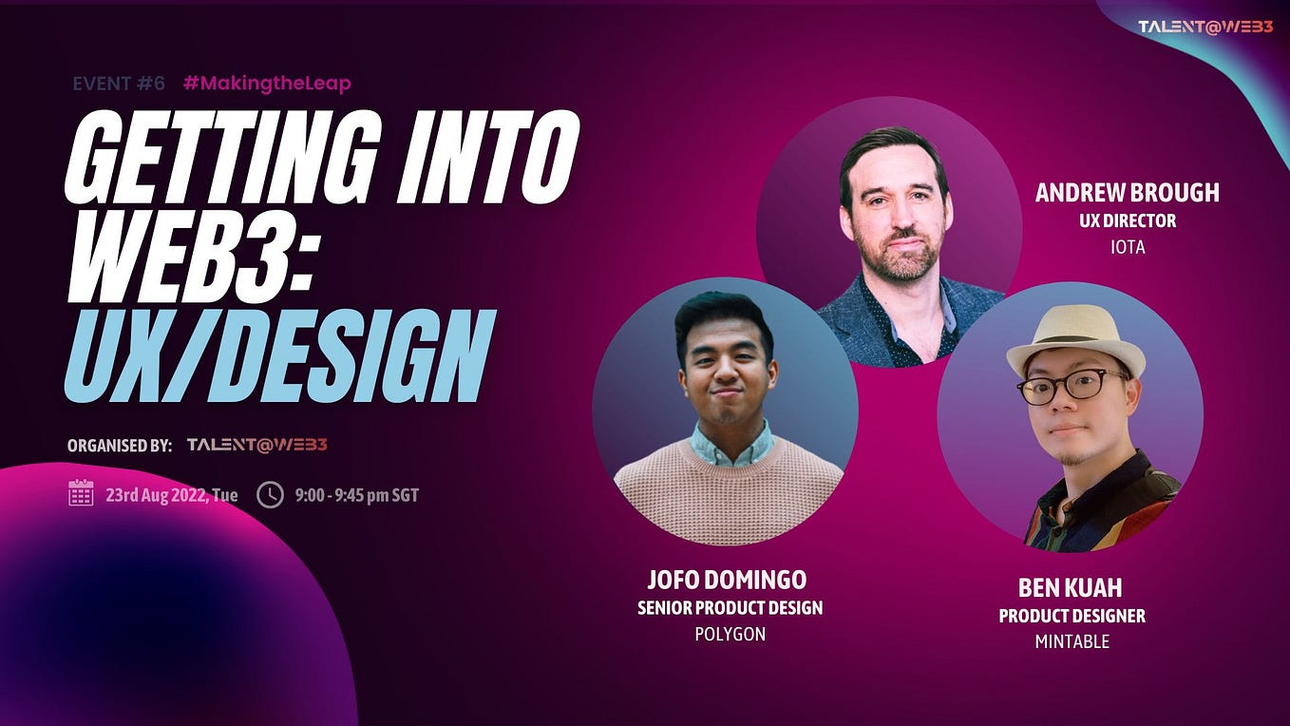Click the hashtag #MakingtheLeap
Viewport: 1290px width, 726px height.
pos(267,84)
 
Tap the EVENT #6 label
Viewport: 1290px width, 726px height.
pos(119,84)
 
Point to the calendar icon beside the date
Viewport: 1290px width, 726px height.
pos(81,493)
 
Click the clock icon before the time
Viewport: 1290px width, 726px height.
pos(270,494)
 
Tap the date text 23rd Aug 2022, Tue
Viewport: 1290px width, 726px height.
pos(171,495)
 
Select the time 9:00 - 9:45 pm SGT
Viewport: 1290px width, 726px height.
pos(356,495)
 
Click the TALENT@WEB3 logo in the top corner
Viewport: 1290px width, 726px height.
pos(1205,27)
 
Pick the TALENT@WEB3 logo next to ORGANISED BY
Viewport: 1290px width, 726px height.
pos(256,445)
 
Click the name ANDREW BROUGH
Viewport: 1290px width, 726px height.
pos(1127,193)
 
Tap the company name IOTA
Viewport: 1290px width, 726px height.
pos(1127,247)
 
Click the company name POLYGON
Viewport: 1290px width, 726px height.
pos(730,634)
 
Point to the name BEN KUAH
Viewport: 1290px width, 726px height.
pos(1072,587)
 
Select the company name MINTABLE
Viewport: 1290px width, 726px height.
pos(1072,641)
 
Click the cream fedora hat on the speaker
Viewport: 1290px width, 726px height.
pos(1075,339)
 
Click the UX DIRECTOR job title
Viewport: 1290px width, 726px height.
pos(1127,220)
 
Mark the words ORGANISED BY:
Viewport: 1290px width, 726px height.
pos(120,446)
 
